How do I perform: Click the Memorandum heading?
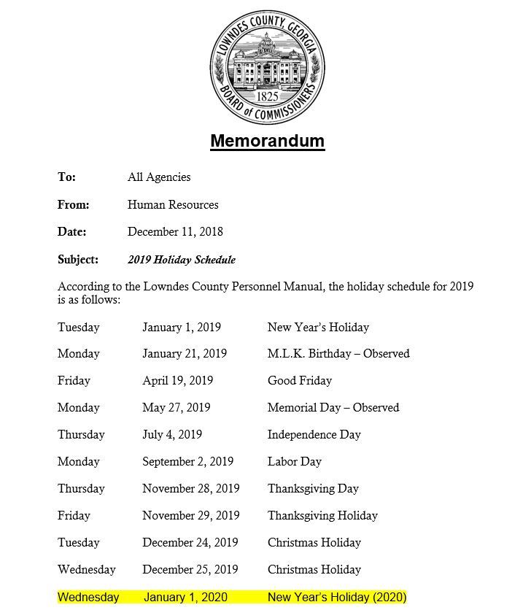pos(267,140)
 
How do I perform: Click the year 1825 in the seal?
pos(267,95)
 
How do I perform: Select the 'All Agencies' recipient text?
pos(159,177)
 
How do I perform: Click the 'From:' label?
pos(74,205)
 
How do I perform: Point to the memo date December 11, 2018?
pos(175,232)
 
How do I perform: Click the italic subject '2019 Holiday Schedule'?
pos(182,260)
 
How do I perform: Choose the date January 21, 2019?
pos(185,354)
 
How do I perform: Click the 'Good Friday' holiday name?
pos(300,381)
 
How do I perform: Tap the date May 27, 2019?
pos(177,408)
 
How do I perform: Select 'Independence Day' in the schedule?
pos(314,435)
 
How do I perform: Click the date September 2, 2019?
pos(188,462)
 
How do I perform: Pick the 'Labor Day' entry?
pos(295,462)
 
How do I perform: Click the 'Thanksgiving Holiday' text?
pos(322,516)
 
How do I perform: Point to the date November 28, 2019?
pos(191,489)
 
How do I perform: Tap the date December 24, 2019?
pos(190,543)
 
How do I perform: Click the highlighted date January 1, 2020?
pos(185,598)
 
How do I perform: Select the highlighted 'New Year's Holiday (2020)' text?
pos(337,598)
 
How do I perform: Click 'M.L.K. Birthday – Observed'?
pos(338,354)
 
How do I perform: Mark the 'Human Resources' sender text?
pos(173,205)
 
